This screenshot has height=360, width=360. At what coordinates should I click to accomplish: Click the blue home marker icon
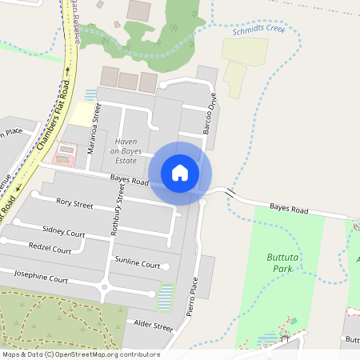coord(180,173)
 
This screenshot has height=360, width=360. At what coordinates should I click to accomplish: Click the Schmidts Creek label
coord(258,30)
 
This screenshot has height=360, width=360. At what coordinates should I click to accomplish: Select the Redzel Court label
coord(50,250)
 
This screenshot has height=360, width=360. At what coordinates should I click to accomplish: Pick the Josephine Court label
coord(58,279)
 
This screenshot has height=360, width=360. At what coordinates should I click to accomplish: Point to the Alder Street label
coord(150,326)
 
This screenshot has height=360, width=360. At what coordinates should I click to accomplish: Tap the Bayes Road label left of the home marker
coord(130,182)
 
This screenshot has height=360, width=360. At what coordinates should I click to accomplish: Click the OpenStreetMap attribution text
coord(80,354)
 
